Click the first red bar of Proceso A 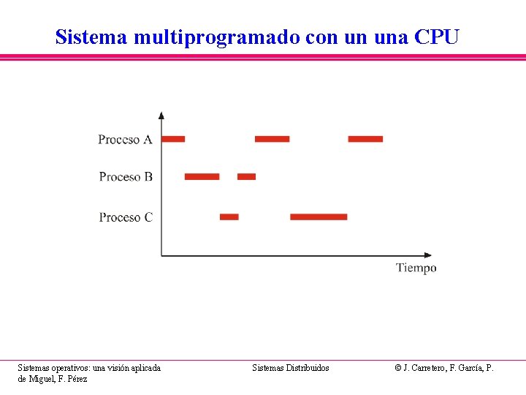pos(174,138)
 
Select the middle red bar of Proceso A pos(272,138)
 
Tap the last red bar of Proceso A pos(365,138)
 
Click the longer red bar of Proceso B pos(202,176)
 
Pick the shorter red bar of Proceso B pos(247,176)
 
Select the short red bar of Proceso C pos(229,217)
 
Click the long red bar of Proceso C pos(319,217)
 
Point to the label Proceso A pos(125,139)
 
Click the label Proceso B pos(126,176)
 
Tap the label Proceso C pos(126,217)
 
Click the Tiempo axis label pos(416,268)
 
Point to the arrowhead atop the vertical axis pos(161,115)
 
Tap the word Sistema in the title pos(92,37)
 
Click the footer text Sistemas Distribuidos pos(291,368)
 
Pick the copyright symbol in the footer pos(398,368)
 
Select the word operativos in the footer pos(72,368)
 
